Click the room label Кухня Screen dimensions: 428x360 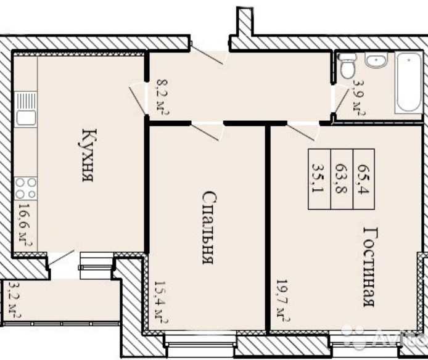[x=89, y=155]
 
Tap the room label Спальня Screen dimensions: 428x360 [x=210, y=227]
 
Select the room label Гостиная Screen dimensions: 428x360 [x=371, y=267]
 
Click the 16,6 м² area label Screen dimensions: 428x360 [x=25, y=224]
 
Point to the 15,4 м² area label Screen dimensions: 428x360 [x=161, y=302]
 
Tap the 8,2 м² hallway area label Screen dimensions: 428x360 [x=163, y=97]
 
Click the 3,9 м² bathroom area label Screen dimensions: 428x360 [x=359, y=97]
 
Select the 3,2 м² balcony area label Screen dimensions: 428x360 [x=15, y=300]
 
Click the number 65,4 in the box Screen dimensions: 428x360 [x=364, y=179]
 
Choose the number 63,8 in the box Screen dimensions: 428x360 [x=341, y=179]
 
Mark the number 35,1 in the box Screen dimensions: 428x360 [x=318, y=178]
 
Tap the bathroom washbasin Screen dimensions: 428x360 [x=377, y=60]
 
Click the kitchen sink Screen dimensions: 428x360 [x=25, y=109]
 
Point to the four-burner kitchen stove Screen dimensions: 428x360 [x=26, y=189]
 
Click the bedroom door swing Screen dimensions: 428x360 [x=208, y=133]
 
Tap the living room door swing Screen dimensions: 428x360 [x=303, y=132]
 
